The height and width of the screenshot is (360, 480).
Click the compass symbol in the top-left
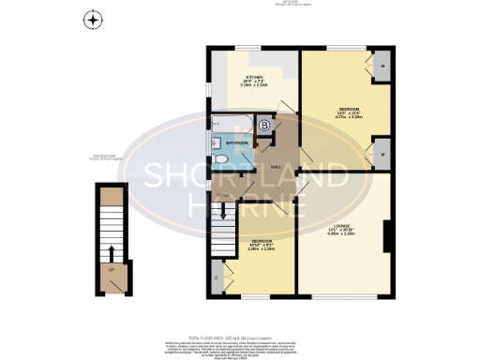tap(92, 20)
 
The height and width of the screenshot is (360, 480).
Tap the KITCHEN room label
tap(254, 79)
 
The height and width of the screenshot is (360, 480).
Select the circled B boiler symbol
tap(264, 126)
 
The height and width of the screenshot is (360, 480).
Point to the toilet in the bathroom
tap(218, 160)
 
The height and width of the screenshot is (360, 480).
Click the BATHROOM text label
tap(236, 143)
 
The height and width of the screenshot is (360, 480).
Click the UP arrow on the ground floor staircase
tap(112, 253)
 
